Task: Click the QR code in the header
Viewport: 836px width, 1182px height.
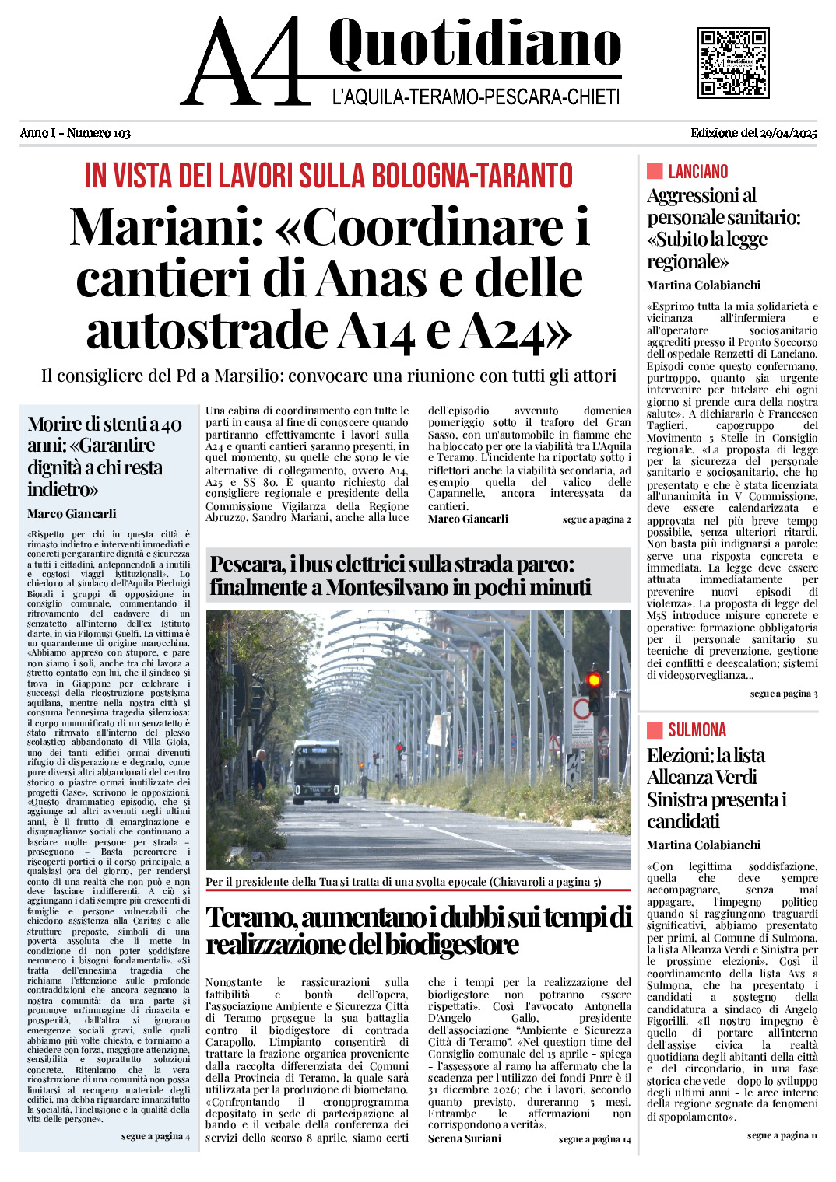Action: [x=733, y=63]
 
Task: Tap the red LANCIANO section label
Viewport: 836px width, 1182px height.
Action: [x=697, y=171]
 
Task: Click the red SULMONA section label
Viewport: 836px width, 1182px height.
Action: [x=697, y=730]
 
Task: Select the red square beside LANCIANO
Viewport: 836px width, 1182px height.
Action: [x=655, y=171]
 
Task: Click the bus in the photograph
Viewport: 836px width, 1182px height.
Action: [x=317, y=772]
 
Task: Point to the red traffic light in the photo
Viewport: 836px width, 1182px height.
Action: [x=594, y=680]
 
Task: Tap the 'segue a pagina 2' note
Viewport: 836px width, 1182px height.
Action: [x=596, y=519]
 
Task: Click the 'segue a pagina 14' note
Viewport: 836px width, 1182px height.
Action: [x=595, y=1139]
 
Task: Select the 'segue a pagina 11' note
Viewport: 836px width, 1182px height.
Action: [x=782, y=1135]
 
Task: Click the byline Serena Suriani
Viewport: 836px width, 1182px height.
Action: [x=465, y=1138]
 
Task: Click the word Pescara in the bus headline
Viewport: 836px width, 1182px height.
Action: [x=247, y=565]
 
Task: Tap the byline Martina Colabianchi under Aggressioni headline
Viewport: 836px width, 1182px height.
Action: [x=704, y=285]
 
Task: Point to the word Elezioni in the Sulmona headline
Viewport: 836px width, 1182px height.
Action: [x=679, y=755]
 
